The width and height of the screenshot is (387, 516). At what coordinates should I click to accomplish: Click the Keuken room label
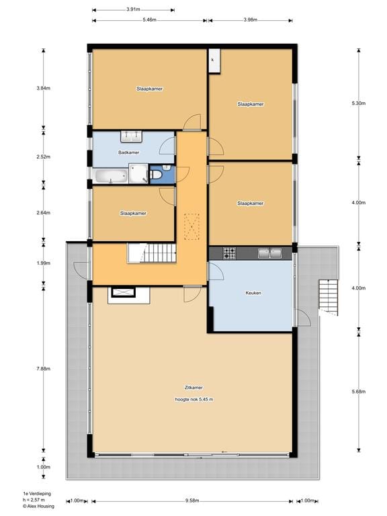tap(253, 293)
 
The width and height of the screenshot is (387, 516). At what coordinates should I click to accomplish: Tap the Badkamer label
tap(128, 153)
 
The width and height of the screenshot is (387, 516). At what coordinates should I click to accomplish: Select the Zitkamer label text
tap(193, 388)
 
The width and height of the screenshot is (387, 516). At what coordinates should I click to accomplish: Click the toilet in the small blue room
tap(156, 175)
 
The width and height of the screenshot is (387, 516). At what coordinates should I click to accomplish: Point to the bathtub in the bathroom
tap(111, 176)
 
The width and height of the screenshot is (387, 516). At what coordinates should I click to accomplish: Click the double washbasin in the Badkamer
tap(132, 136)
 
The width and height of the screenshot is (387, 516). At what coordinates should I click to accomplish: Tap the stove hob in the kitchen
tap(229, 253)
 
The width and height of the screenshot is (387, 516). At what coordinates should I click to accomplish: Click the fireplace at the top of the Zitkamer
tap(123, 292)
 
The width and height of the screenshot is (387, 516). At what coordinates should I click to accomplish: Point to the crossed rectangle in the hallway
tap(192, 226)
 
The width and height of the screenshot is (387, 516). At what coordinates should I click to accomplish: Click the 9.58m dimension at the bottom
tap(192, 501)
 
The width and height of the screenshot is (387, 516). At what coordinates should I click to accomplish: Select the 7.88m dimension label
tap(43, 368)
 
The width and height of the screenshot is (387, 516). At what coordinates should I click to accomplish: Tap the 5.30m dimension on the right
tap(359, 103)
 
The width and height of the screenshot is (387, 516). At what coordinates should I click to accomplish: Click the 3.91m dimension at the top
tap(133, 9)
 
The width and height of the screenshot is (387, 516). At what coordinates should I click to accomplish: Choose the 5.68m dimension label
tap(359, 392)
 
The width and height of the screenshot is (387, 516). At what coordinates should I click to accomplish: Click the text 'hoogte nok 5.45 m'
tap(193, 399)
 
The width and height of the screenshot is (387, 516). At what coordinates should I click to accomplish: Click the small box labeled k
tap(213, 60)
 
